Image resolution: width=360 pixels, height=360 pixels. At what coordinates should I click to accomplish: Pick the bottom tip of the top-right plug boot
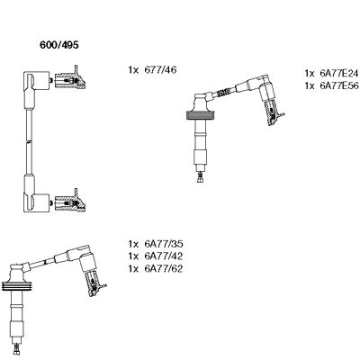tap(199, 176)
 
